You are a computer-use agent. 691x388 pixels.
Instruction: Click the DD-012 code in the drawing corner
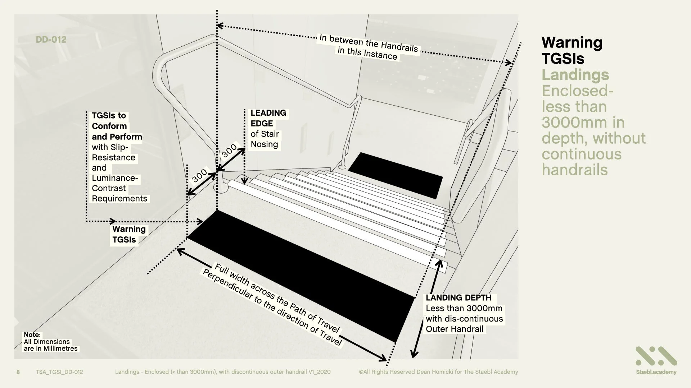(51, 40)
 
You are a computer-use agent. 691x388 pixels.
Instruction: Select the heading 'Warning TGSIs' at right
(572, 50)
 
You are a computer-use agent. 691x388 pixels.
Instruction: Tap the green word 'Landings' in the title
(575, 75)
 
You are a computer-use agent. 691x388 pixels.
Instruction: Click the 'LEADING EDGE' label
(268, 118)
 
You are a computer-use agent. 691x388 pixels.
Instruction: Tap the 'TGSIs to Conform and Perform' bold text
(117, 126)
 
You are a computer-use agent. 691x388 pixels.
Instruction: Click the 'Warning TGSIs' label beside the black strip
(128, 234)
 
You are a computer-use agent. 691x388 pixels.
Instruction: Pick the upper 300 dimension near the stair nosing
(229, 150)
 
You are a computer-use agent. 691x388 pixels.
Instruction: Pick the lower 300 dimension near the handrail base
(199, 175)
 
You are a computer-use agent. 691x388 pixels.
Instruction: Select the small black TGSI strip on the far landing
(395, 175)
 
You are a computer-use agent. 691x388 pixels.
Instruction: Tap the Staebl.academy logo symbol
(656, 356)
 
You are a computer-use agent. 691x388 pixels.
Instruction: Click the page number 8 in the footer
(18, 372)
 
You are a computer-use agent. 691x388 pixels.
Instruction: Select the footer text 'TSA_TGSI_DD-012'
(59, 372)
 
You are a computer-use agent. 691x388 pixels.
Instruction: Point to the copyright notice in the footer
(438, 372)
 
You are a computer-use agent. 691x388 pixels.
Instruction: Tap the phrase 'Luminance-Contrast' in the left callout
(115, 183)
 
